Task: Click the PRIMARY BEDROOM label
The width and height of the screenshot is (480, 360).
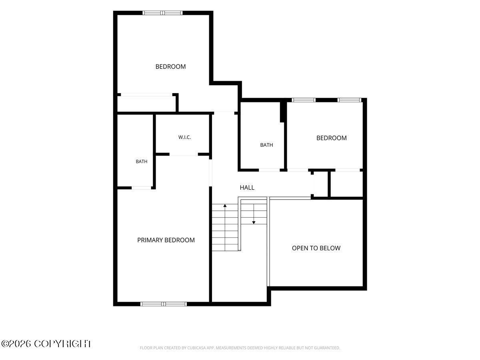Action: tap(166, 240)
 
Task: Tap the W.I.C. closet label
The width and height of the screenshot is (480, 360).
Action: tap(184, 137)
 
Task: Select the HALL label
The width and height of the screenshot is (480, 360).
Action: tap(247, 188)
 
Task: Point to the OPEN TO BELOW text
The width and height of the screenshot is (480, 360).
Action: tap(316, 248)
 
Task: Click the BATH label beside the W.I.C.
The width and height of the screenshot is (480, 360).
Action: tap(142, 162)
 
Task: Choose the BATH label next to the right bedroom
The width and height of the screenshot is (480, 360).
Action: tap(266, 145)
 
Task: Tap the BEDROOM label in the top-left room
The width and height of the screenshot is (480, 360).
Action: tap(170, 67)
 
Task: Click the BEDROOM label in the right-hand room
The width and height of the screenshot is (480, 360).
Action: tap(331, 138)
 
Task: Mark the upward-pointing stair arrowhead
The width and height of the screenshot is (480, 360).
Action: tap(225, 206)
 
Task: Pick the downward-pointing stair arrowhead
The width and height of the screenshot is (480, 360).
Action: tap(254, 222)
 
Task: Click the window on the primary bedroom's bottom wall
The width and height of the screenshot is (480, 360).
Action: tap(163, 304)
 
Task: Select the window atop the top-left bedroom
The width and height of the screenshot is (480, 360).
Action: tap(162, 13)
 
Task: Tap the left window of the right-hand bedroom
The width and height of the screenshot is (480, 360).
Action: tap(304, 100)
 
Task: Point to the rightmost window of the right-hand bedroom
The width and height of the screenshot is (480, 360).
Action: tap(349, 100)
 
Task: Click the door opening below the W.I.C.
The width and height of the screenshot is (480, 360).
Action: tap(184, 154)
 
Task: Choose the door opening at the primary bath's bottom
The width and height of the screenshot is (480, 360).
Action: tap(141, 188)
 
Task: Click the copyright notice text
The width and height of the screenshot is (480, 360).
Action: tap(46, 344)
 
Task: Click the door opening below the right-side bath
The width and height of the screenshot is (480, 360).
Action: tap(269, 170)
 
